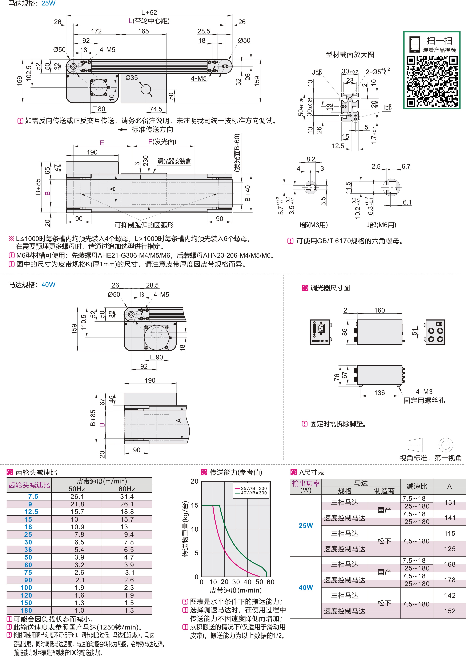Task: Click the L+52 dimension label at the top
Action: [x=149, y=12]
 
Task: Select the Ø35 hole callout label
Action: [x=132, y=78]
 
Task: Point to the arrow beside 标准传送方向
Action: [x=122, y=129]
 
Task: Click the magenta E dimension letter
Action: [x=102, y=143]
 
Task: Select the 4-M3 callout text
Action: [x=424, y=391]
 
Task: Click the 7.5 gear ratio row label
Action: [x=33, y=496]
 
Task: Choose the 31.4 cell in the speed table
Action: [x=127, y=496]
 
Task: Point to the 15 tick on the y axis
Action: [x=194, y=505]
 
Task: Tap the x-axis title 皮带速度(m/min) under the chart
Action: [x=236, y=590]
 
